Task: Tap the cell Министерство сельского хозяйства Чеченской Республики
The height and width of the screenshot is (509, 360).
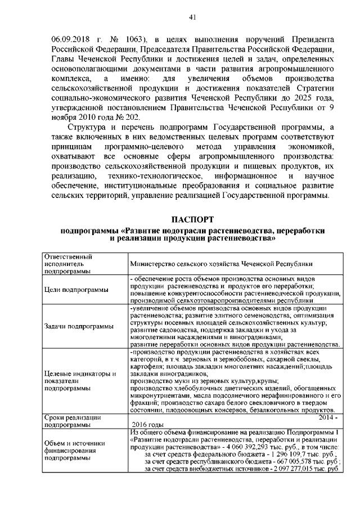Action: point(221,263)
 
